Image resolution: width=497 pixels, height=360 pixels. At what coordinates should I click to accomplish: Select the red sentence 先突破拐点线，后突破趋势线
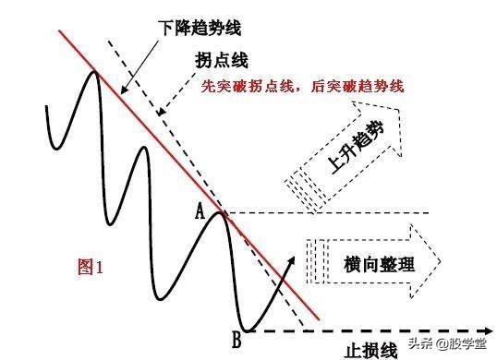point(304,87)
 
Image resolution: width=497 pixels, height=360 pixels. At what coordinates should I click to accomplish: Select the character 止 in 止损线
point(352,350)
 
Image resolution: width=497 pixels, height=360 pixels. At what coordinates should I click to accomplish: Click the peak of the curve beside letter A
point(220,213)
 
